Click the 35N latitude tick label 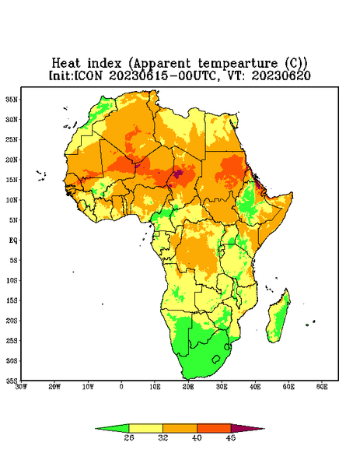click(12, 100)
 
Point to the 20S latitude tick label click(12, 321)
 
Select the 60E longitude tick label click(322, 387)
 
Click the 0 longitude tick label click(121, 387)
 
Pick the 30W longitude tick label click(21, 387)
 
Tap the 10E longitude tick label click(155, 387)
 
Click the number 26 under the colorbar click(129, 437)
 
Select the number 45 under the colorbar click(231, 437)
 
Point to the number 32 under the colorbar click(163, 437)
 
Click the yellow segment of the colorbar click(145, 428)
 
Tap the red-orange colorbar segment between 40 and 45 click(214, 428)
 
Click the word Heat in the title click(66, 64)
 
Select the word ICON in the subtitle click(88, 75)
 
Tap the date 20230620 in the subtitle click(281, 75)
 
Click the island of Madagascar click(278, 318)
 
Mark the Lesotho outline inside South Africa click(216, 359)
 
